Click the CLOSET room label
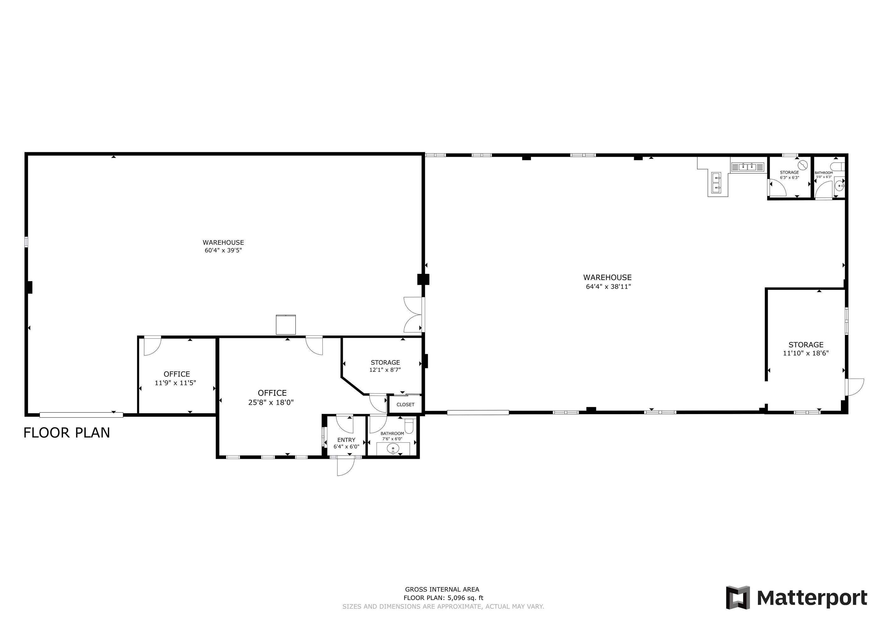(x=405, y=404)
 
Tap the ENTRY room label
(x=346, y=440)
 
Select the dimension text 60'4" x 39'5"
(x=223, y=250)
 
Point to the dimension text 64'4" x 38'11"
(x=608, y=287)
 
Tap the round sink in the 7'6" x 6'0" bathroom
(x=393, y=449)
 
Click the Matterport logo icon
(x=738, y=598)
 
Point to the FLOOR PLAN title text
(x=67, y=433)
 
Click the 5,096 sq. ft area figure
(x=465, y=598)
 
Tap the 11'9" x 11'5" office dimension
(x=175, y=383)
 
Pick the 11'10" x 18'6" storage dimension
(x=806, y=353)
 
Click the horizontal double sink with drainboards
(x=747, y=167)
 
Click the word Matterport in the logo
(x=812, y=598)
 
